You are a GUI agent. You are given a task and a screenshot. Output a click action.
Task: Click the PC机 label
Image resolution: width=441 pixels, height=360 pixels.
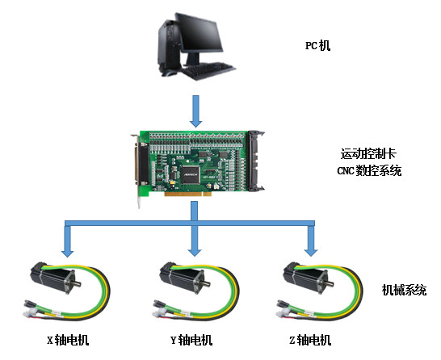point(317,45)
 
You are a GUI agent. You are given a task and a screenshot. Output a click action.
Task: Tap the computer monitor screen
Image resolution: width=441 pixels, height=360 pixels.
point(199,32)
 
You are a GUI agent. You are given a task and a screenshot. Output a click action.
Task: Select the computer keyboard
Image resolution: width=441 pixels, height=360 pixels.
point(208,70)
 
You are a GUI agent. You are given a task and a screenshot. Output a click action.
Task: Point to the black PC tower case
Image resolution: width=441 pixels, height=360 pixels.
point(168,46)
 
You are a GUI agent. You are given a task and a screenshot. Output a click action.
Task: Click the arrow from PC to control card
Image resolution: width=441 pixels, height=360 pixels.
point(195,111)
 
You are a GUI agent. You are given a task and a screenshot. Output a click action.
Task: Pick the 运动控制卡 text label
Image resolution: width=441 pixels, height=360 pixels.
point(368,153)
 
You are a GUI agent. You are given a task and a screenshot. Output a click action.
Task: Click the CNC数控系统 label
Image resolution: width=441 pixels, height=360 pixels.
point(369,170)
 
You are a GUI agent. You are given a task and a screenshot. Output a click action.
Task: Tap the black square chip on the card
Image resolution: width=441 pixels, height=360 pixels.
point(191,175)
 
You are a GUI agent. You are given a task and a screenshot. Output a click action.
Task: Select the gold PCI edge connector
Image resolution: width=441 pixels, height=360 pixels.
point(188,195)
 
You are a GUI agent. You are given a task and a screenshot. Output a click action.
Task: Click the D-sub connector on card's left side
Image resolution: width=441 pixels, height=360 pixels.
point(142,164)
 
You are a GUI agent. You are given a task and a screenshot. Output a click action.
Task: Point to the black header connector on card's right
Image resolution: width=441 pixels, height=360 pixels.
point(256,161)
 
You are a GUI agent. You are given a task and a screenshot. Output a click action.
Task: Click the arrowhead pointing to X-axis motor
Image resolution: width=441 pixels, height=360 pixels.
point(68,253)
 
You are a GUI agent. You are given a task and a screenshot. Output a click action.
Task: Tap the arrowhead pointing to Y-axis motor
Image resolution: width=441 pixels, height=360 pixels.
point(195,252)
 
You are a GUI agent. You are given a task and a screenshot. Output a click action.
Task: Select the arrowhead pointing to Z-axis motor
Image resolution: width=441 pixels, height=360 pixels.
point(311,252)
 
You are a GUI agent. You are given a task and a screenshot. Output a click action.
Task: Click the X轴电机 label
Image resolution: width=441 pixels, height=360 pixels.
point(68,340)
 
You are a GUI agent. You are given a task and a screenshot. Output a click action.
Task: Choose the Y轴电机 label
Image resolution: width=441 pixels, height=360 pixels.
point(191,340)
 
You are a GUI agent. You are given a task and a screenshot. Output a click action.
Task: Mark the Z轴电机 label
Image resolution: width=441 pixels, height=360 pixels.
point(310,340)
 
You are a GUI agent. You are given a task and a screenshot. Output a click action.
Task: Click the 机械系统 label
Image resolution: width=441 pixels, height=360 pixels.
point(404,290)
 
